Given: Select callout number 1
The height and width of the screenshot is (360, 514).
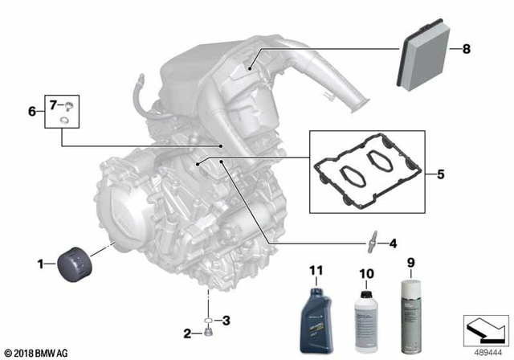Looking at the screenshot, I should click(40, 262).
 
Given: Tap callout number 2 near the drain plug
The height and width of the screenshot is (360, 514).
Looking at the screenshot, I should click(187, 333).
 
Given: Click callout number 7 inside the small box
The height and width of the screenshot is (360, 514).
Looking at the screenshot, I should click(55, 104).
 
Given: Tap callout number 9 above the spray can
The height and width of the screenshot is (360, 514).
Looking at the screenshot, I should click(411, 261).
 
